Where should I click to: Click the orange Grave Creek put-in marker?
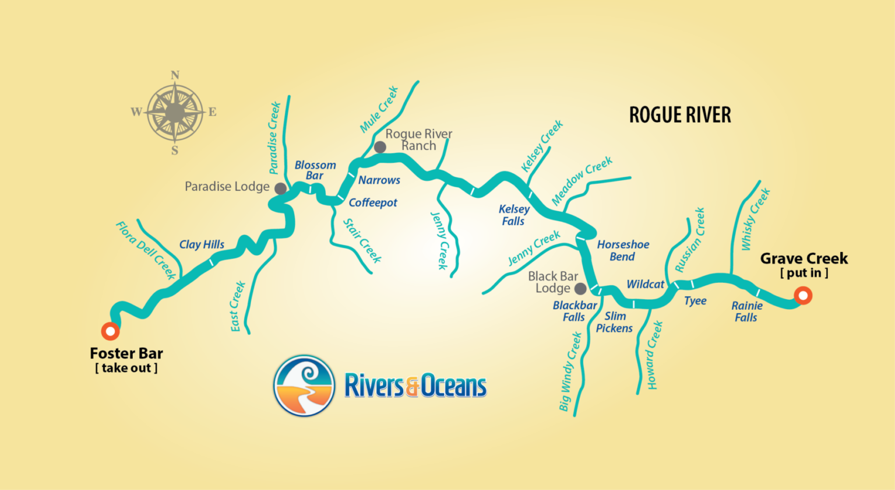[x=803, y=296]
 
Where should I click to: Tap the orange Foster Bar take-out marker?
[x=110, y=331]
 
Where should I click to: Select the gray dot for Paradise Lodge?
[x=280, y=188]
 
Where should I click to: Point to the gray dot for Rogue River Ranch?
[x=380, y=147]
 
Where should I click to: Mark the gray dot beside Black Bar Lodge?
[x=580, y=288]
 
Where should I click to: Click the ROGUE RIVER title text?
[x=679, y=115]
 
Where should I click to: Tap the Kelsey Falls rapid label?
[x=513, y=215]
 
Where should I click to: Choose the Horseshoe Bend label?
[x=622, y=251]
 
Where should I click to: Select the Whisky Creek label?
[x=755, y=219]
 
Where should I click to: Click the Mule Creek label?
[x=379, y=109]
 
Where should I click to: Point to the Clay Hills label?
[x=202, y=244]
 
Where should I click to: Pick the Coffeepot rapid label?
[x=373, y=203]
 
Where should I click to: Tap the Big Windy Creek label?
[x=570, y=372]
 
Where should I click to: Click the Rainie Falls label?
[x=746, y=311]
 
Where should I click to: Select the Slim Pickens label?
[x=614, y=322]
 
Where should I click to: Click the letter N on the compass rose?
[x=175, y=75]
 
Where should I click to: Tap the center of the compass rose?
[x=175, y=112]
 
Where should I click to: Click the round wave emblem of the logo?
[x=304, y=386]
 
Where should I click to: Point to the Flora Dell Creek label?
[x=146, y=250]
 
